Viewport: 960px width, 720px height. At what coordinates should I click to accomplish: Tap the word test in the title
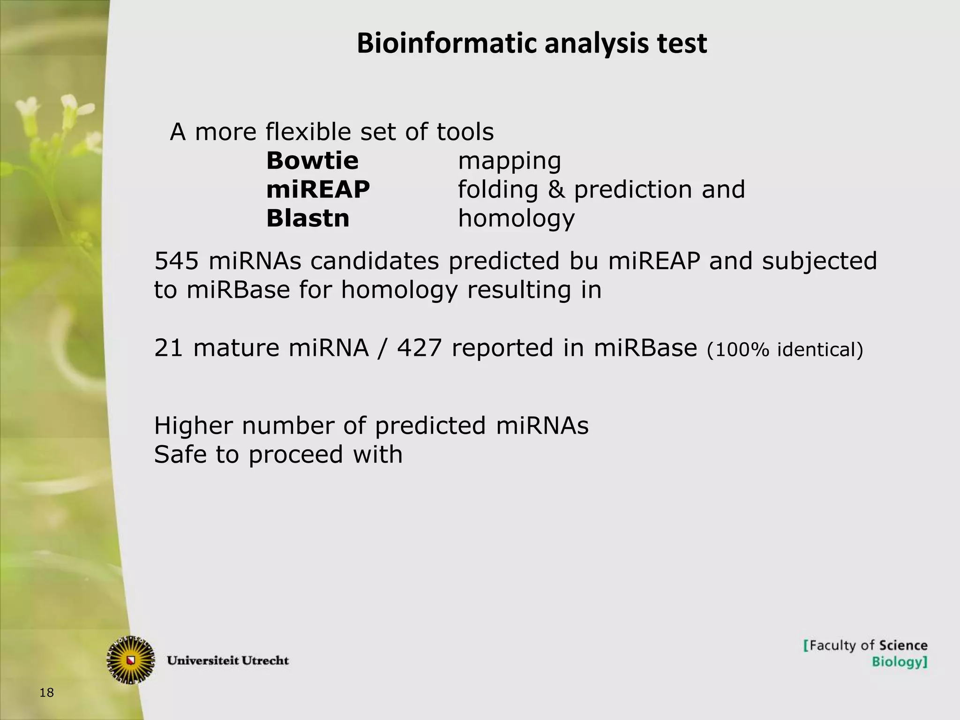[682, 44]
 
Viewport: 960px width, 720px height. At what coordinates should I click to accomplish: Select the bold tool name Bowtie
[312, 161]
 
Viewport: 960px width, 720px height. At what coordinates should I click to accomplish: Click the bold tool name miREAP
[318, 189]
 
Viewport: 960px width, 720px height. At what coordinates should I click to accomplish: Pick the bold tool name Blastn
[307, 218]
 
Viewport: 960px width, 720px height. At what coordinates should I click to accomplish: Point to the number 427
[419, 348]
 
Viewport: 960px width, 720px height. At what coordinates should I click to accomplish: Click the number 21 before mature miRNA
[168, 348]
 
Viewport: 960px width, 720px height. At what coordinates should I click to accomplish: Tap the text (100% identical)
[785, 350]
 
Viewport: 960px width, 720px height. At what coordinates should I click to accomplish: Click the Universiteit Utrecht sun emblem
[131, 660]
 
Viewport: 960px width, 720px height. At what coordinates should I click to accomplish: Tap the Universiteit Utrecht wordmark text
[228, 660]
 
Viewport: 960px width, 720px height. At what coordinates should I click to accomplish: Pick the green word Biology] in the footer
[899, 662]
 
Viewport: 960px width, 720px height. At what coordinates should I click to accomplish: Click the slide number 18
[47, 692]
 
